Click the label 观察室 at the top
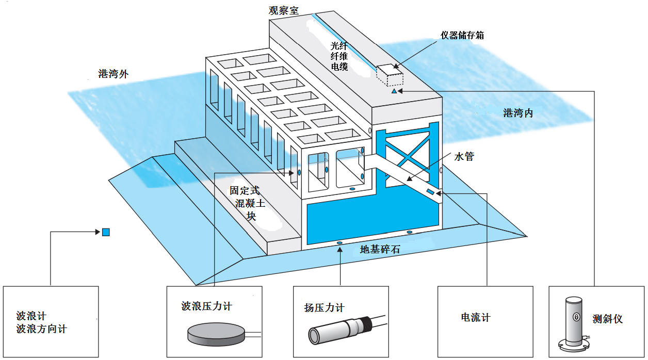[283, 10]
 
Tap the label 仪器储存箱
[462, 35]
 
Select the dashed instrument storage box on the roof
[390, 75]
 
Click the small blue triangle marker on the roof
[394, 91]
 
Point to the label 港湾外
[113, 74]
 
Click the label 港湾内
[518, 113]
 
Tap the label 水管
[464, 156]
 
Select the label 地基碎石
[380, 250]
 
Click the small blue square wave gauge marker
[106, 232]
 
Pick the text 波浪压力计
[206, 306]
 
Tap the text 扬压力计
[324, 308]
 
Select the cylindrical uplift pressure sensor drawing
[341, 331]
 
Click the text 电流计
[476, 318]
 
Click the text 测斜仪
[608, 319]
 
